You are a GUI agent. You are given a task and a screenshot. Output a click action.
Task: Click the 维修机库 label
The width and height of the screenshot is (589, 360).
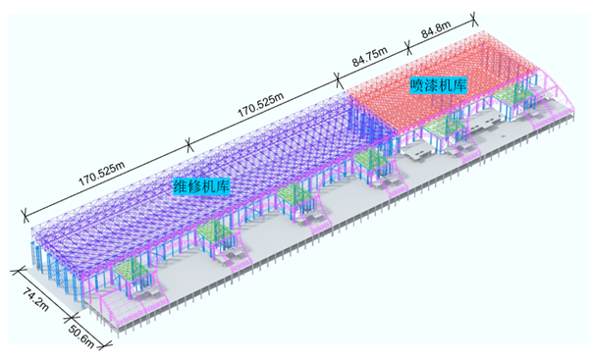coord(201,185)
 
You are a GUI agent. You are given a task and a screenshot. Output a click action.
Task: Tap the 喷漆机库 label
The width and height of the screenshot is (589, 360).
coord(439,85)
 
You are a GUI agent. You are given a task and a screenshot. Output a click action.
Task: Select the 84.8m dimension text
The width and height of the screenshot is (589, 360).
coord(436,30)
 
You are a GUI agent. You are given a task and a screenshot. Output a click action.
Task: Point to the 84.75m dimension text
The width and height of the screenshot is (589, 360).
coord(370,57)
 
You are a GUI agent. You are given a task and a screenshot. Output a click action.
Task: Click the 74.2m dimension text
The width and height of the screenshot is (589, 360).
coord(36,299)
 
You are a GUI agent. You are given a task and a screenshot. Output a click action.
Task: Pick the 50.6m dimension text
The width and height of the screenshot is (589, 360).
coord(81,336)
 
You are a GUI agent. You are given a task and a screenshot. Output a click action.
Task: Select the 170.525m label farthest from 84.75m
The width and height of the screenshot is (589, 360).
coord(101,174)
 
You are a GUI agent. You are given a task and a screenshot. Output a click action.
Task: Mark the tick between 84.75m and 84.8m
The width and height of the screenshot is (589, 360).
coord(408,48)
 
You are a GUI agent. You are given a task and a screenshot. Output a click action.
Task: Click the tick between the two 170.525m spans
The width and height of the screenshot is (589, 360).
coord(189,144)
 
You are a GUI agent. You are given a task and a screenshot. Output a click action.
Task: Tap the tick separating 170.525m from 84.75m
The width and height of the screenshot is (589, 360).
coord(339,80)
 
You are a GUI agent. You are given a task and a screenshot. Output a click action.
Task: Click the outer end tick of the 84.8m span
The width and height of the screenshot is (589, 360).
coord(474,18)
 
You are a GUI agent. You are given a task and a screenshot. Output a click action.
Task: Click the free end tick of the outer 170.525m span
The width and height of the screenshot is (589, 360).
coord(25,215)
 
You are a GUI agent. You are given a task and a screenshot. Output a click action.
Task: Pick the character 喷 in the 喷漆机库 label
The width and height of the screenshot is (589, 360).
coord(417,85)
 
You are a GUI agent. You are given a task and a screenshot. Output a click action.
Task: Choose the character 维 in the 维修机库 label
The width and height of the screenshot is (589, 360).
coord(180,185)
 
